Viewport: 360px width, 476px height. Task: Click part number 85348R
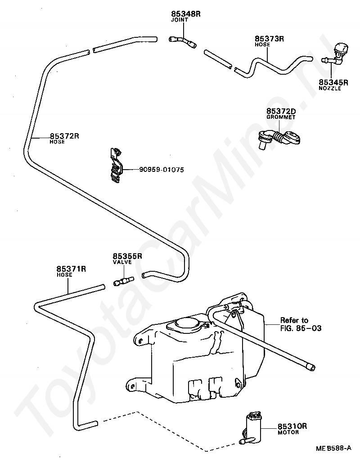(x=186, y=14)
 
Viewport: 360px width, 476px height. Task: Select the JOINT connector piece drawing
(x=182, y=42)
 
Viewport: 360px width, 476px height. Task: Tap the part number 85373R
(x=269, y=39)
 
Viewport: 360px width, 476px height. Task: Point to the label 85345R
(x=333, y=82)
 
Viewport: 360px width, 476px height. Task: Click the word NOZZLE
(x=330, y=88)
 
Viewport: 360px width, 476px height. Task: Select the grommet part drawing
(x=279, y=139)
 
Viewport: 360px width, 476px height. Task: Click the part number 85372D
(x=281, y=112)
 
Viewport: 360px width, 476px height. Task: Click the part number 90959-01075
(x=162, y=170)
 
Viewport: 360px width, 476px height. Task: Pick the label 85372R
(x=64, y=136)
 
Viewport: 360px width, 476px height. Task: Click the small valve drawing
(x=124, y=280)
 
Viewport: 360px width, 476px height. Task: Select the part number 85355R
(x=127, y=256)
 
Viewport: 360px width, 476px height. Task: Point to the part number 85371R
(x=72, y=269)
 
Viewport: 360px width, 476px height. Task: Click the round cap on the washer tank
(x=187, y=324)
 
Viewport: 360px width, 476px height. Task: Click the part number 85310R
(x=292, y=426)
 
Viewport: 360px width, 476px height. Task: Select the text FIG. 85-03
(x=301, y=328)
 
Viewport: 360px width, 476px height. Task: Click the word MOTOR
(x=288, y=432)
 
